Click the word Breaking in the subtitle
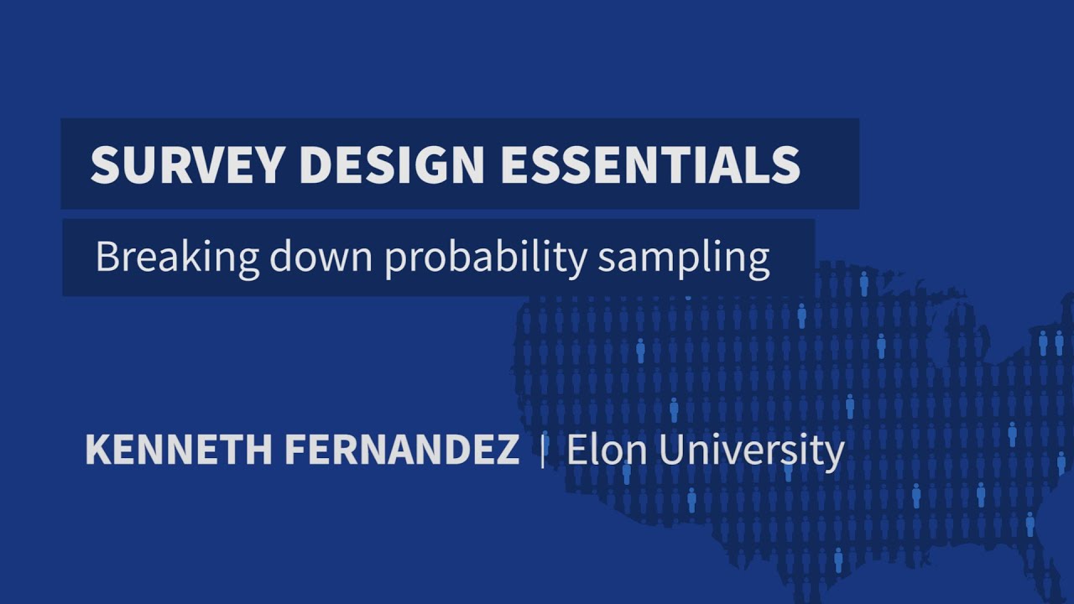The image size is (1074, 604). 177,258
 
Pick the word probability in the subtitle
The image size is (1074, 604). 486,258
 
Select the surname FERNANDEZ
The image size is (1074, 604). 402,451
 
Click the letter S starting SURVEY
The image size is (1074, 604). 104,164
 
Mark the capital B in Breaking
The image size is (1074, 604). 107,257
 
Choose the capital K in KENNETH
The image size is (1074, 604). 96,451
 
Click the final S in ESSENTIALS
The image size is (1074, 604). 786,164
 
